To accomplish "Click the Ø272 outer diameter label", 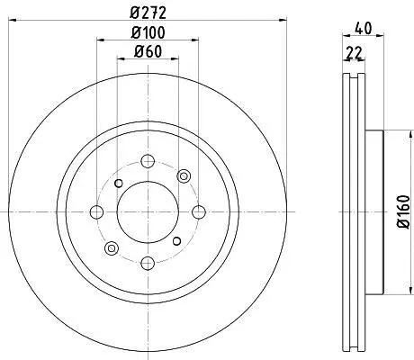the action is point(148,13).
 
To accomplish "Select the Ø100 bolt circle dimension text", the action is point(148,32).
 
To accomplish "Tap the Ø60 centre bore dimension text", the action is point(148,51).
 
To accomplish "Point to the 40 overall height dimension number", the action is point(364,29).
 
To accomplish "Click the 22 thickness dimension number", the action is point(354,53).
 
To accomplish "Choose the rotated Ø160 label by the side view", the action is point(403,211).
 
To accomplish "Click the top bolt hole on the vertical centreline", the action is point(148,161).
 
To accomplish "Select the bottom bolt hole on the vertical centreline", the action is point(148,264).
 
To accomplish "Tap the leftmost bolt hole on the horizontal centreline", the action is point(96,212).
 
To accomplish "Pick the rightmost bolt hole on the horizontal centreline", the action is point(199,212).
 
